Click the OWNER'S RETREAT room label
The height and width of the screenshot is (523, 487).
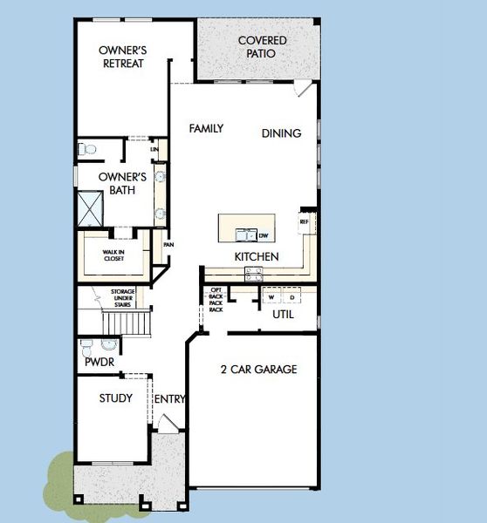[x=122, y=57]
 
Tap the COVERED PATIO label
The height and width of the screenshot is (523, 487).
[x=263, y=47]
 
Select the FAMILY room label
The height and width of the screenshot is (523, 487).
[x=207, y=129]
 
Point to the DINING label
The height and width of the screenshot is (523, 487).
[x=281, y=133]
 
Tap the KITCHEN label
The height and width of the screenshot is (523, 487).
[x=256, y=257]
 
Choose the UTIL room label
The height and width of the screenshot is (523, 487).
[x=283, y=314]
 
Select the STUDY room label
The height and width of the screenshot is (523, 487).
[x=115, y=398]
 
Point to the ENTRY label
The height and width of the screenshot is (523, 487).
[x=169, y=399]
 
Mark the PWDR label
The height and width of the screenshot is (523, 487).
[x=96, y=361]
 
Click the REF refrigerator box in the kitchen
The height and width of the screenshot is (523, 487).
[x=305, y=221]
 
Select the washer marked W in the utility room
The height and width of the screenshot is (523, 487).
[x=271, y=296]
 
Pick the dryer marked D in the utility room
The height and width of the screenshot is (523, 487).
[x=292, y=296]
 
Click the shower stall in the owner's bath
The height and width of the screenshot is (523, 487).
[x=92, y=207]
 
